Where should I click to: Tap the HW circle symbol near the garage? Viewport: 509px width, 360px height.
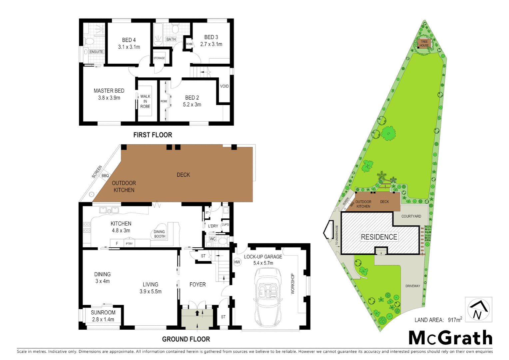237,262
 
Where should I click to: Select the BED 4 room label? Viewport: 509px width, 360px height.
129,40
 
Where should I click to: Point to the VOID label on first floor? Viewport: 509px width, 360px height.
224,86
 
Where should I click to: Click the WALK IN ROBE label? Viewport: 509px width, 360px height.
145,101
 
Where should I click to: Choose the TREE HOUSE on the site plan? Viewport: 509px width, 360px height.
424,44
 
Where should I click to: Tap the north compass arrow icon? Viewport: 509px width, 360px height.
478,310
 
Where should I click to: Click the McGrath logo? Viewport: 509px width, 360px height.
450,338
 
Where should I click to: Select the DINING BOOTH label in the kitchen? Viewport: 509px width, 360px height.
160,234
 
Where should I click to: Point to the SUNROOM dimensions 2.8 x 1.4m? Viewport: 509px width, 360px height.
103,319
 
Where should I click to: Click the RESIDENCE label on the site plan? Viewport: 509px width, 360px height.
379,237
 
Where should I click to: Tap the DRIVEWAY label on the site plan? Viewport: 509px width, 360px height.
413,286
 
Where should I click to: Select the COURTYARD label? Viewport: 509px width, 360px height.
411,216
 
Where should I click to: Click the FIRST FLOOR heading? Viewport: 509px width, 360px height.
153,135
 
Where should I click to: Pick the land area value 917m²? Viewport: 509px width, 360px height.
455,320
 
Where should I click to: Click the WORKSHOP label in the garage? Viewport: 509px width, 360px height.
293,284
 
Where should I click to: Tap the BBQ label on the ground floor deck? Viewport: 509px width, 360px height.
105,176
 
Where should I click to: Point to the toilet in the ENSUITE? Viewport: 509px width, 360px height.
89,42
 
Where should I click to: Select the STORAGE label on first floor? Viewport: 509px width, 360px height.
159,58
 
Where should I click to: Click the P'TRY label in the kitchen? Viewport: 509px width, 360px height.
129,244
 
